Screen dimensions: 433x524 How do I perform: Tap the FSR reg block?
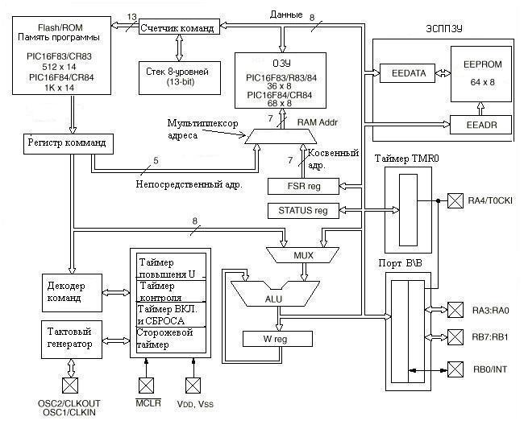click(x=302, y=186)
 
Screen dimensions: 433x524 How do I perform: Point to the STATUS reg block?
click(x=302, y=211)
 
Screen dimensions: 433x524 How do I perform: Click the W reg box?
click(x=277, y=339)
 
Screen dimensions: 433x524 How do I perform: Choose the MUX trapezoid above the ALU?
click(x=302, y=255)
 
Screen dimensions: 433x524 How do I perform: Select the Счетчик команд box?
click(x=177, y=28)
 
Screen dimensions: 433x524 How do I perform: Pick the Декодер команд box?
click(x=72, y=289)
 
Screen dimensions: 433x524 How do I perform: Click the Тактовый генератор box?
click(x=72, y=338)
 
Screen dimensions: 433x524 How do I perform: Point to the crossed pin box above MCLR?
click(x=146, y=384)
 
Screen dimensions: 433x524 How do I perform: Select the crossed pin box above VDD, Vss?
click(x=192, y=384)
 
